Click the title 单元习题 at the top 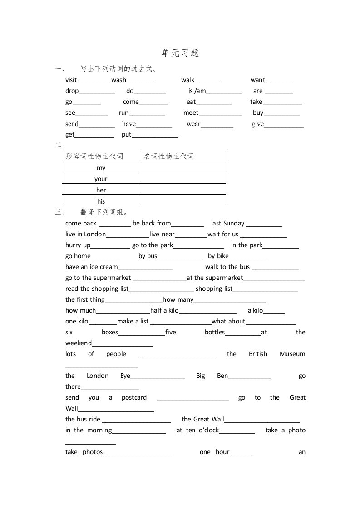180,53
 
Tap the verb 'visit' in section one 71,80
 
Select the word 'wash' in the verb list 118,80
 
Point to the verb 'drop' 72,91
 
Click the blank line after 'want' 279,81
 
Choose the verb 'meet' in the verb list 191,113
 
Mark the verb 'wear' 193,124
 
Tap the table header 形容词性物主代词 94,156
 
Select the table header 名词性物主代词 169,156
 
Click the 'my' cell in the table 101,168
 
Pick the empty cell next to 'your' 182,179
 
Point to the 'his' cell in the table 101,201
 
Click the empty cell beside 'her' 182,190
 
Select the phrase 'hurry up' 78,245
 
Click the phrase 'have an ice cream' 91,267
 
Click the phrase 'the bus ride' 83,419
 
